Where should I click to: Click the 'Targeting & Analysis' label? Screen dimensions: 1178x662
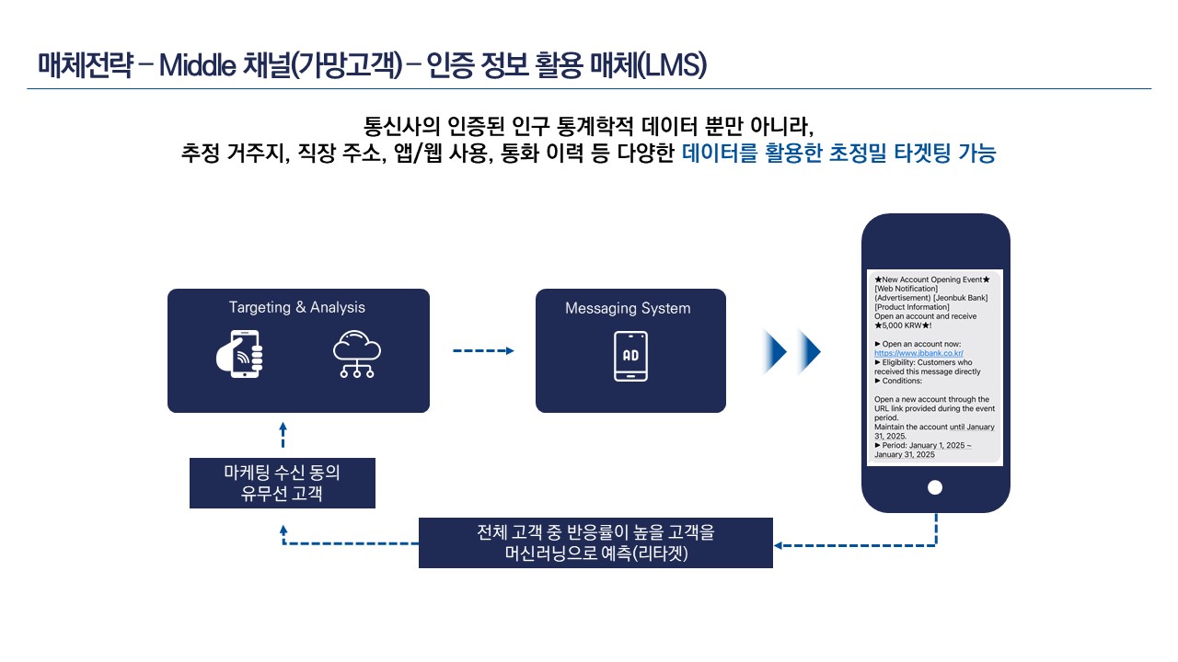click(x=296, y=307)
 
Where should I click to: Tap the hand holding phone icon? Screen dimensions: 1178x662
click(x=240, y=354)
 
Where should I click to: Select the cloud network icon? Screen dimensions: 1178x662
click(x=357, y=354)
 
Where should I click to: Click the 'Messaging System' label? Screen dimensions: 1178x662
click(x=628, y=308)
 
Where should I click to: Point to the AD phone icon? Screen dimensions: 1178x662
click(x=630, y=356)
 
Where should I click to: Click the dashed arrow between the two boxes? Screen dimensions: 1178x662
click(x=483, y=350)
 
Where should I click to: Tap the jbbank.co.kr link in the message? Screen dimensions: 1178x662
click(x=918, y=353)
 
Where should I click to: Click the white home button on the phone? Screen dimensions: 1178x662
click(x=934, y=487)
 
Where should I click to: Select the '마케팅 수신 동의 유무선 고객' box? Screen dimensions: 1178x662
click(x=283, y=483)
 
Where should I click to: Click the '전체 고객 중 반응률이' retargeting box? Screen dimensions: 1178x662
click(x=595, y=542)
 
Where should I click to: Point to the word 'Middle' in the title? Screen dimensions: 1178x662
click(x=197, y=65)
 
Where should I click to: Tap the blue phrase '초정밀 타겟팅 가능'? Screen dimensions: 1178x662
click(x=912, y=153)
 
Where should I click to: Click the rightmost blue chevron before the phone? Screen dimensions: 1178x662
click(x=809, y=351)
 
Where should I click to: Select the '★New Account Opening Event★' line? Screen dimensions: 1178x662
click(x=932, y=280)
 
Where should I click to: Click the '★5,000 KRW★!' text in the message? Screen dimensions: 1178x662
click(x=903, y=325)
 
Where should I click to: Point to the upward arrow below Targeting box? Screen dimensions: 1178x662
click(x=283, y=435)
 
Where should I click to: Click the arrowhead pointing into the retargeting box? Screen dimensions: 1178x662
click(x=779, y=545)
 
